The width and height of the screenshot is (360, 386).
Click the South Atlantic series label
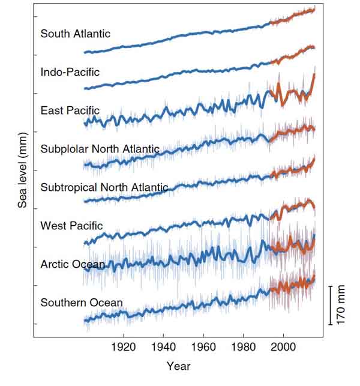(76, 34)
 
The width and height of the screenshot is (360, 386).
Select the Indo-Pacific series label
(70, 72)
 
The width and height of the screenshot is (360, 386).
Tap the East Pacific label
(70, 110)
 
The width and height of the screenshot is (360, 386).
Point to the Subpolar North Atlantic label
(100, 149)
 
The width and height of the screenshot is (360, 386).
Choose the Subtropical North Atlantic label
(104, 187)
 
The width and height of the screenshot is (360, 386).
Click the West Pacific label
(71, 226)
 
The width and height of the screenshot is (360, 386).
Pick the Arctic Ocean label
(73, 264)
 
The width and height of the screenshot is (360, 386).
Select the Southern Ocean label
(82, 303)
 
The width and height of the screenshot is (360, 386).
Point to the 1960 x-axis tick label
(204, 348)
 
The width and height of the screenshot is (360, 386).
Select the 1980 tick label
(244, 348)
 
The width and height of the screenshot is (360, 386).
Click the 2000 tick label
(283, 348)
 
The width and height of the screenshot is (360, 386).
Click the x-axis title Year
(179, 366)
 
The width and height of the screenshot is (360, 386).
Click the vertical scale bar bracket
(330, 305)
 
